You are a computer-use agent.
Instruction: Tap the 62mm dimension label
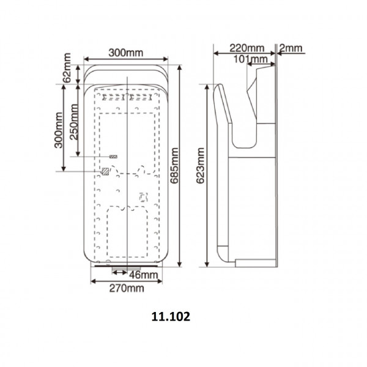click(67, 70)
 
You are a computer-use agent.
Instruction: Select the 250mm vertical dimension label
click(73, 120)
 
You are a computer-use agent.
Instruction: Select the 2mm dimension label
click(291, 48)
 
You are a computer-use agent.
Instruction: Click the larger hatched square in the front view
click(106, 172)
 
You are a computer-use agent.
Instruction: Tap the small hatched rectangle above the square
click(114, 157)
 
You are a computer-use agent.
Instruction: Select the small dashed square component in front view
click(144, 197)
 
